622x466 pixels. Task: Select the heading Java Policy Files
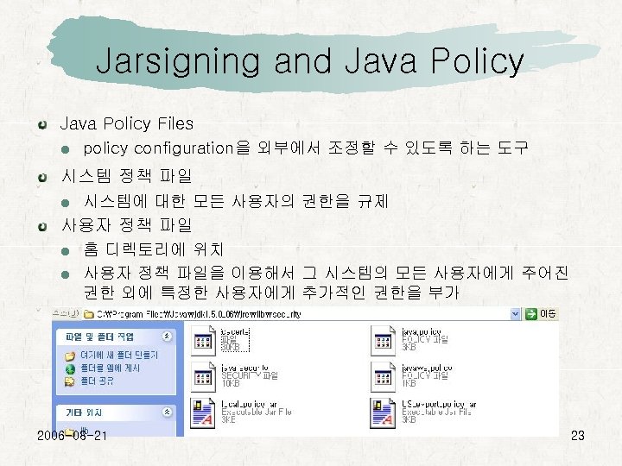[126, 124]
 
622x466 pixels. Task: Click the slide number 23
[578, 436]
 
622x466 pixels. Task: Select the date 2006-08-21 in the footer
[73, 436]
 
